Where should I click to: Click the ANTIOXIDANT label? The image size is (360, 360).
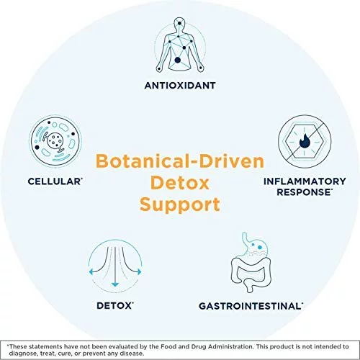pos(180,86)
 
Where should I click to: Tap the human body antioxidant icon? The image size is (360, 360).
pos(180,45)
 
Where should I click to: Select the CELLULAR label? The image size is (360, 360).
pos(55,181)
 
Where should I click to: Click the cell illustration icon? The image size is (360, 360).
pos(55,141)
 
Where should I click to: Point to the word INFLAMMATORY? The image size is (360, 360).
pos(305,181)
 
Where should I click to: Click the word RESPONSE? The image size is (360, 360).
pos(304,192)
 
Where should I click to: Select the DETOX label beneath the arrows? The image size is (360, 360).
pos(114,306)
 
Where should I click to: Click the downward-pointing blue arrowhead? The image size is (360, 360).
pos(115,284)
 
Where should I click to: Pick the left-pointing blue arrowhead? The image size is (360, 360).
pos(91,272)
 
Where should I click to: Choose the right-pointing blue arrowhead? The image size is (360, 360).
pos(140,272)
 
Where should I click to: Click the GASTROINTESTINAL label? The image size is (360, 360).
pos(251,306)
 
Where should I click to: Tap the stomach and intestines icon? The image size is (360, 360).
pos(251,263)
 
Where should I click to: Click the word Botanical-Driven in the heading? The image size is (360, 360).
pos(180,161)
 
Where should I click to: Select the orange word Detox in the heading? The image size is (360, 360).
pos(180,183)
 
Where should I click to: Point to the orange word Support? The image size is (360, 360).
pos(180,205)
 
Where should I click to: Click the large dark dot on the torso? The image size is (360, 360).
pos(177,60)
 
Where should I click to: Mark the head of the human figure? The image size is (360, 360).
pos(179,24)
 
